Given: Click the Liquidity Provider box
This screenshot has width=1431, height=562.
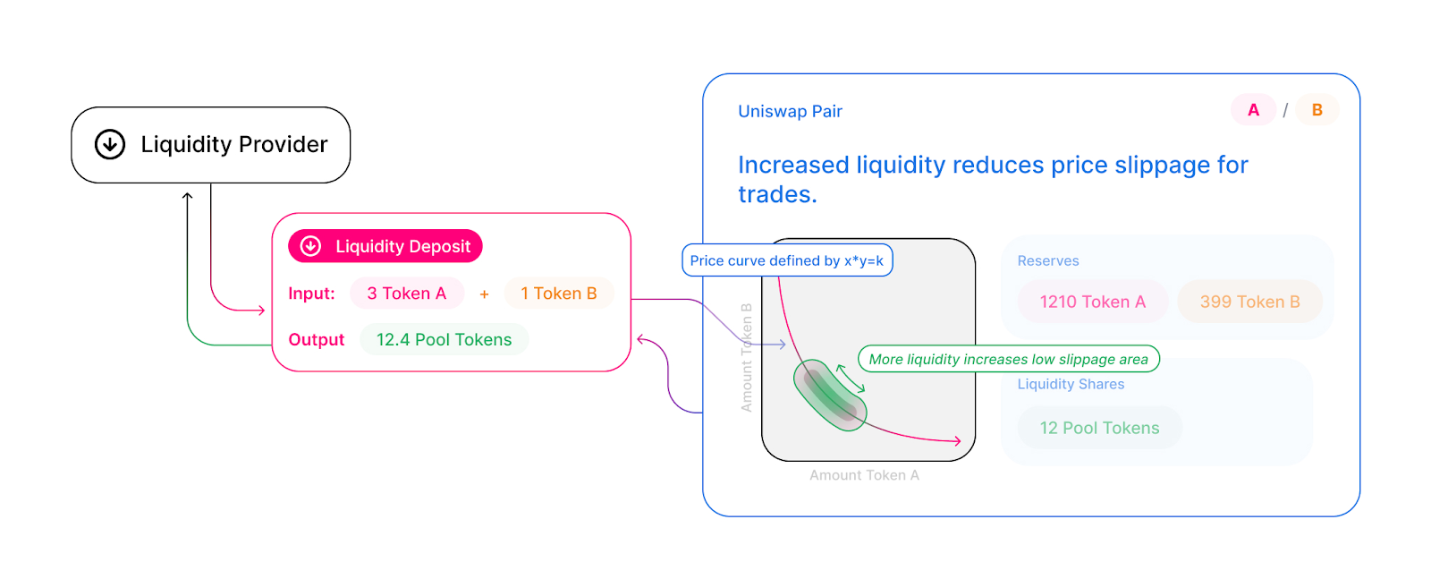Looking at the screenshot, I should point(211,145).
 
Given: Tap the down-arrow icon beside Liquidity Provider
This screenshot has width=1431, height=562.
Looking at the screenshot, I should point(110,144).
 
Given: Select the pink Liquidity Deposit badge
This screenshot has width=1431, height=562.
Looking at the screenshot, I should point(385,246).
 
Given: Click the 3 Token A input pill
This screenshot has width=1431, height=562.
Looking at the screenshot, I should point(406,294).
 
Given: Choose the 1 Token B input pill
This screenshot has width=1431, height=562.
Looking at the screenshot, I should point(558,294).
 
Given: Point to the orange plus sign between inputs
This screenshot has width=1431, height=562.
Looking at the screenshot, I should point(484,294).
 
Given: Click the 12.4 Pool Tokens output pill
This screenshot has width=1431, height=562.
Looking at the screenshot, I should point(444,340).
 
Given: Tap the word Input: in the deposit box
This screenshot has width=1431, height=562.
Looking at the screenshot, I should point(311,294).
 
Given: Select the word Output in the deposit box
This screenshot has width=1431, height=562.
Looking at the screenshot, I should point(316,340).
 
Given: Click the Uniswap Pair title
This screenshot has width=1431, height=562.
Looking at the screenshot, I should point(790,112).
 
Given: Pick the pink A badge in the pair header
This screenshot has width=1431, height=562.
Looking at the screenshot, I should point(1253,110).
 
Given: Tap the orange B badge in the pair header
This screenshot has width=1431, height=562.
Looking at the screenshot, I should point(1317,110).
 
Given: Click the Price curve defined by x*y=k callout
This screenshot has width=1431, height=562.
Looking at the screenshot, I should point(787,260).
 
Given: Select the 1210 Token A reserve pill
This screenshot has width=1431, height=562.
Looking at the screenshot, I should point(1092,302).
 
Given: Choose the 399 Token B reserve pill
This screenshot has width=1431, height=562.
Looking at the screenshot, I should point(1249,302).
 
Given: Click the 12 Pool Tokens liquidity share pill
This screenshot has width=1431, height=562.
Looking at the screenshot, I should point(1099,429).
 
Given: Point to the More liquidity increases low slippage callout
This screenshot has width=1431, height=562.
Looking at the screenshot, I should point(1008,360).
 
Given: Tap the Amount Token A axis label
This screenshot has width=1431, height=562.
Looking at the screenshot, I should point(864,476).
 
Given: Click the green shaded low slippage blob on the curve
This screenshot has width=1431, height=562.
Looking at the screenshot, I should point(829,395).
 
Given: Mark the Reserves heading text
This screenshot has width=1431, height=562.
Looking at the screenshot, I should point(1047,261).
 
